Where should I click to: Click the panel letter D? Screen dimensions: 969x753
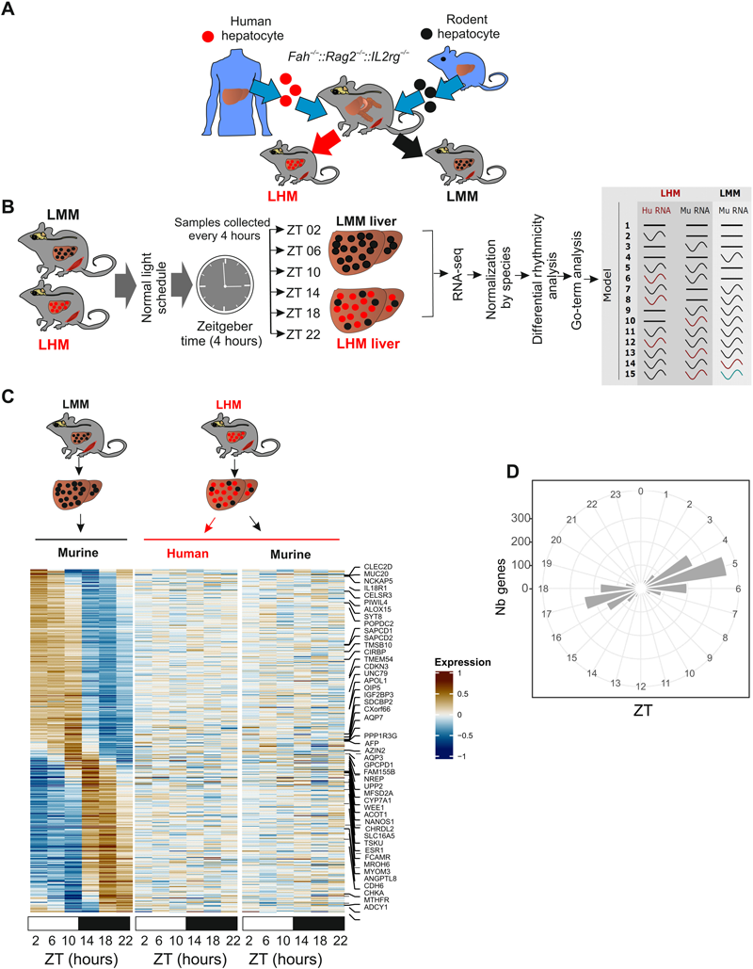[539, 470]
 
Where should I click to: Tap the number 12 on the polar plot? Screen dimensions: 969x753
[641, 686]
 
